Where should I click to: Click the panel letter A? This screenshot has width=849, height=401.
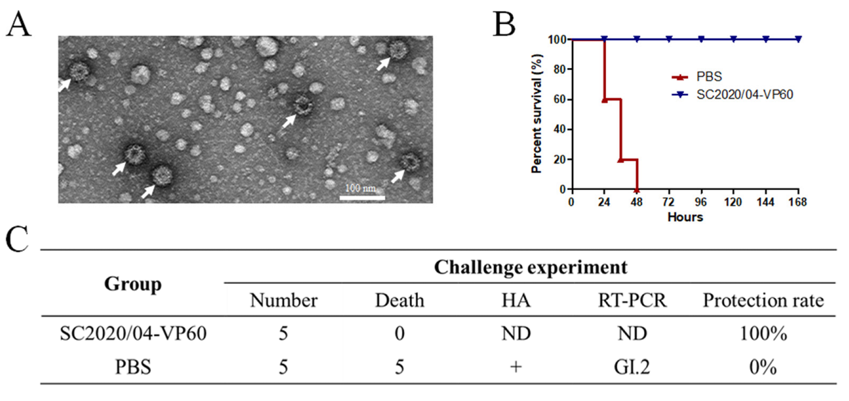[x=18, y=24]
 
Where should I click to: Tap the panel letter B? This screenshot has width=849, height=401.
[x=504, y=24]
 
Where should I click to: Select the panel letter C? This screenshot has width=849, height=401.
[x=17, y=239]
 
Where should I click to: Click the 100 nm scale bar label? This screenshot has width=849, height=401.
[x=361, y=188]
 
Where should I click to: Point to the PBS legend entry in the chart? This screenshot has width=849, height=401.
[x=709, y=77]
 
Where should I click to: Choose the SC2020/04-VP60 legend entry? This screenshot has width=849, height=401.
[x=744, y=95]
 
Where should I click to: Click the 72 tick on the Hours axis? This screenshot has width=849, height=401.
[x=668, y=202]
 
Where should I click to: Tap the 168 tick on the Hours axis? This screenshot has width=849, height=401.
[x=797, y=202]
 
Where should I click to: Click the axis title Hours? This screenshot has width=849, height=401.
[x=685, y=217]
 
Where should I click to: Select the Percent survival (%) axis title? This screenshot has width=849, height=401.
[x=537, y=114]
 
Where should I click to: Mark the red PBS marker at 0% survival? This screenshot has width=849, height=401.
[x=637, y=190]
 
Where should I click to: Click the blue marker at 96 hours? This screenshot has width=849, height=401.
[x=701, y=40]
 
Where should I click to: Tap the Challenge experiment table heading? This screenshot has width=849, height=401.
[x=530, y=267]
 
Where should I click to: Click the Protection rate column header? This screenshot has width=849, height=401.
[x=763, y=300]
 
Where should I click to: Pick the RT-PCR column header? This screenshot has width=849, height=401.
[x=632, y=300]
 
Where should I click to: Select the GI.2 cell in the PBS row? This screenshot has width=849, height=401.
[x=632, y=367]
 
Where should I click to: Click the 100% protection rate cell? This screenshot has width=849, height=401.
[x=763, y=334]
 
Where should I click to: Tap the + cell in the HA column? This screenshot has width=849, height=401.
[x=516, y=367]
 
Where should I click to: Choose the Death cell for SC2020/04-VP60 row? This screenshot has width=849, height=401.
[x=399, y=334]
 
